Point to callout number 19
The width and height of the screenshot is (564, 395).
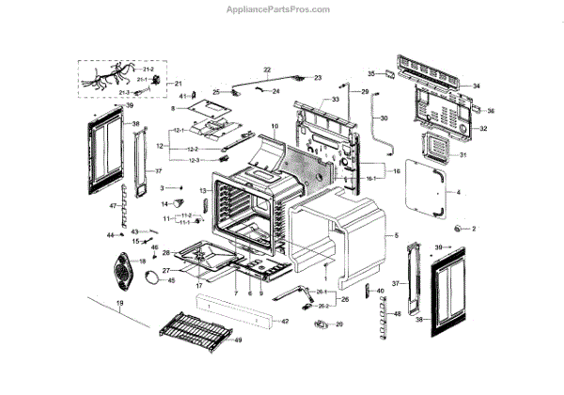pyautogui.click(x=119, y=304)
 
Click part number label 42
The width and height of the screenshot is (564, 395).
pyautogui.click(x=287, y=322)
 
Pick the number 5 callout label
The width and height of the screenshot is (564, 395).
pyautogui.click(x=397, y=233)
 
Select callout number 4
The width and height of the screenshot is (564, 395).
pyautogui.click(x=459, y=193)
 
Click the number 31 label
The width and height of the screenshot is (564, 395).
pyautogui.click(x=462, y=154)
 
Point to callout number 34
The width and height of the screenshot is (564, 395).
pyautogui.click(x=477, y=86)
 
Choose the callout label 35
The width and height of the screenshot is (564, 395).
pyautogui.click(x=371, y=72)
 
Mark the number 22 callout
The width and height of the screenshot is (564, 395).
pyautogui.click(x=267, y=70)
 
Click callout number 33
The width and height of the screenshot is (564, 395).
pyautogui.click(x=335, y=99)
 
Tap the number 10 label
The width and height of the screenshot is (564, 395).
pyautogui.click(x=275, y=125)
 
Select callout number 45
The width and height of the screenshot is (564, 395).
pyautogui.click(x=171, y=280)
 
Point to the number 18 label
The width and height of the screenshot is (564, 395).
pyautogui.click(x=143, y=261)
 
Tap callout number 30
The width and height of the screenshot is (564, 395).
pyautogui.click(x=383, y=118)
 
